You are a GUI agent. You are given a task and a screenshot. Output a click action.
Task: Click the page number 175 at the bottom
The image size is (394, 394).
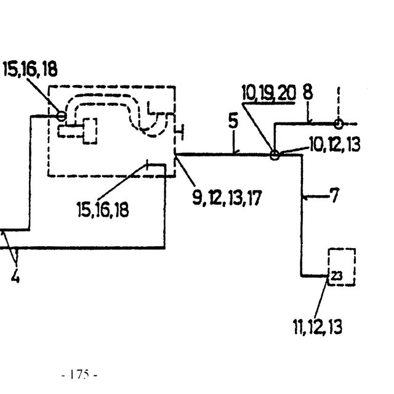[x=79, y=374]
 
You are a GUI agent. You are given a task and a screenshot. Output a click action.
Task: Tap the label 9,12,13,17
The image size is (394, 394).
[x=227, y=198]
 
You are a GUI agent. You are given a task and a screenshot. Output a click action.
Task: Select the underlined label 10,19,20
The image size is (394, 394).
[x=268, y=93]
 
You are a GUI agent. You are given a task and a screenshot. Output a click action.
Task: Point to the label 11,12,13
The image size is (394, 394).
[x=318, y=327]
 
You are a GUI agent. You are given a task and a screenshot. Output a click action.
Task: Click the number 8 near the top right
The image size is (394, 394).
[x=308, y=92]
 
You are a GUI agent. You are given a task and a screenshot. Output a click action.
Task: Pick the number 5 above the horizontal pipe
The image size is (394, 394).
[x=233, y=121]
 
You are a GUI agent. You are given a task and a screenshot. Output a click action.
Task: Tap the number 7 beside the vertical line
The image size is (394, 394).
[x=334, y=195]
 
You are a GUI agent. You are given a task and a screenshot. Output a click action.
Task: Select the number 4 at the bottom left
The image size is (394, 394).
[x=15, y=276]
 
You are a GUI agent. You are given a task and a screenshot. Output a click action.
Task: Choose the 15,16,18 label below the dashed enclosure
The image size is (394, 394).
[x=103, y=209]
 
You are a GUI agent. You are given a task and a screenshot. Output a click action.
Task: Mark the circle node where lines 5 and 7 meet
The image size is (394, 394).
[x=275, y=155]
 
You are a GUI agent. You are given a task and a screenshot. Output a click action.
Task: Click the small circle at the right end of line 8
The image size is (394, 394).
[x=339, y=124]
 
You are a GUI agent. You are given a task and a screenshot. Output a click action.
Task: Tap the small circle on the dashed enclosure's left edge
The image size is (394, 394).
[x=62, y=116]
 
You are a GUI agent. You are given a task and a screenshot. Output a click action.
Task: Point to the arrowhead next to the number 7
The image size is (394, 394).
[x=305, y=198]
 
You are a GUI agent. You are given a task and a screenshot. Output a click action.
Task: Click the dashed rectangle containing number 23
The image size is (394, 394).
[x=329, y=267]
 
